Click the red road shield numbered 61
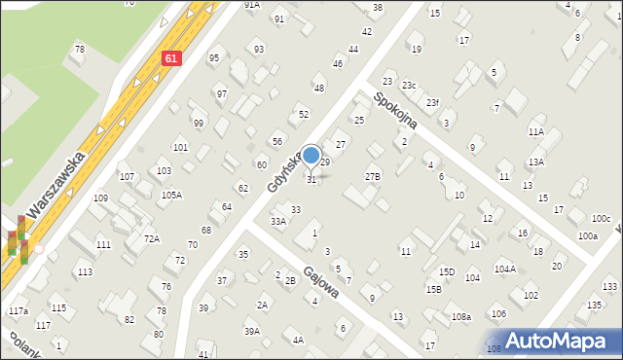171,58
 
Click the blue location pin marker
311,156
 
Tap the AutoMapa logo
563,341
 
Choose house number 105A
171,195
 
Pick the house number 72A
151,238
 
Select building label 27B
373,176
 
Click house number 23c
409,86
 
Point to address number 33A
278,222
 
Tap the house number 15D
447,271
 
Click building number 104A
504,269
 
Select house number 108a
461,317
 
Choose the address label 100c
601,218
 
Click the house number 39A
252,331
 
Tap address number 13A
536,162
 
